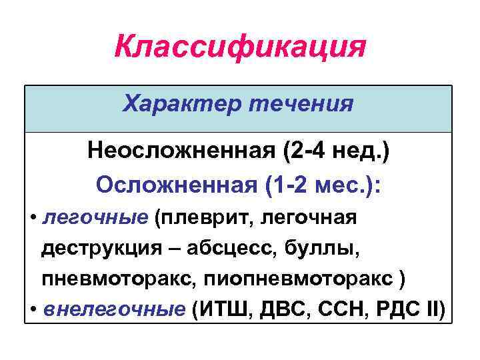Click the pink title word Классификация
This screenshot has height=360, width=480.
(x=240, y=47)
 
